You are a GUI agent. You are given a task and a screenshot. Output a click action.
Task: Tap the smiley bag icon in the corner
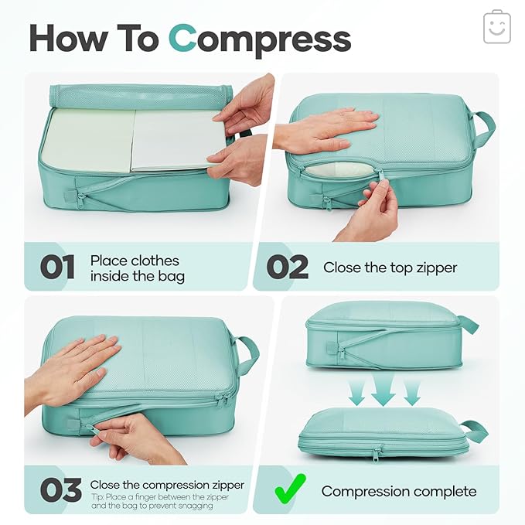(496, 28)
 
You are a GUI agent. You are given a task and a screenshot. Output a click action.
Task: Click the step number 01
(58, 268)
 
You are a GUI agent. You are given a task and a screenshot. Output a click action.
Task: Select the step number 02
(288, 268)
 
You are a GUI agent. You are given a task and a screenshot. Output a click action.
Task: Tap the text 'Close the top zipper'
(390, 268)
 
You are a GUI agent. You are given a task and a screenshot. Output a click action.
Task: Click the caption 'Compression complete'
(399, 491)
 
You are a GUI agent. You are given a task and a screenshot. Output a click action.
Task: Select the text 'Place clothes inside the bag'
(135, 268)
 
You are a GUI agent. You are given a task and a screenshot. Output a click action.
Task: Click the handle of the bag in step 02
(484, 128)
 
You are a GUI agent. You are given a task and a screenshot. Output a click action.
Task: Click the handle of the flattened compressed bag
(473, 431)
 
